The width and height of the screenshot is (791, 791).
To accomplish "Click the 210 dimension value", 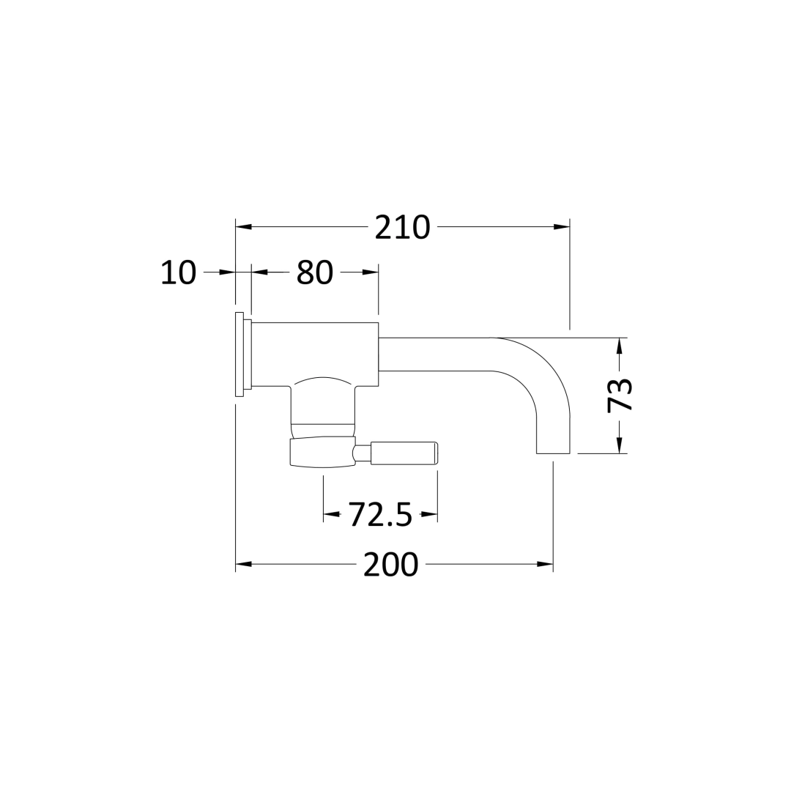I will click(x=402, y=227).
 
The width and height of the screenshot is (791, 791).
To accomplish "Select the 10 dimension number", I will click(x=179, y=273).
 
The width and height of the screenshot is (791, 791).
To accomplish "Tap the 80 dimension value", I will click(x=315, y=273).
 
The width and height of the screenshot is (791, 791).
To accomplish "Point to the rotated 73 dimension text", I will click(x=620, y=395).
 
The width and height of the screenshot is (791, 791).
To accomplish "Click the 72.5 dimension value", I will click(x=380, y=515).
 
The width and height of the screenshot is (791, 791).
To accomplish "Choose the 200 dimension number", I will click(x=390, y=565).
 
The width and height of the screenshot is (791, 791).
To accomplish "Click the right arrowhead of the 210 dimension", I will click(x=561, y=227).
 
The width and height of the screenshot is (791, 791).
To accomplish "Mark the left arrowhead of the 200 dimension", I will click(x=244, y=564).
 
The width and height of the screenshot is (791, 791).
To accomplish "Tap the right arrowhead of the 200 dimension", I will click(x=544, y=564).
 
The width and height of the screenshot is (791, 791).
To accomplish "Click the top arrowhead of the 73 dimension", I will click(x=620, y=346).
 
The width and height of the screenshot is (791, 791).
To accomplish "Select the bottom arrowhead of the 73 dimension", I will click(x=620, y=445).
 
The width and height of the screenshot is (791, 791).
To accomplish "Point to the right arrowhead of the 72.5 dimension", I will click(x=429, y=515).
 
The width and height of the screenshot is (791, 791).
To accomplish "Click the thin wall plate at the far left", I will click(x=239, y=354).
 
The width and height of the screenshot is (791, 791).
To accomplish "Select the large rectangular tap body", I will click(x=315, y=353).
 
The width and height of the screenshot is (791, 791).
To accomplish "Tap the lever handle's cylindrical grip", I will click(x=404, y=453).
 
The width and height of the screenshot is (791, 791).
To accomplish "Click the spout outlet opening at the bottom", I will click(x=553, y=453).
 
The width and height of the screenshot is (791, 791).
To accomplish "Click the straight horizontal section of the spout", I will click(x=432, y=354).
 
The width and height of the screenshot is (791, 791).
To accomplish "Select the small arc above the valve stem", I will click(x=323, y=379).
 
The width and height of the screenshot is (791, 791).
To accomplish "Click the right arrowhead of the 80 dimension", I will click(x=370, y=272).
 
